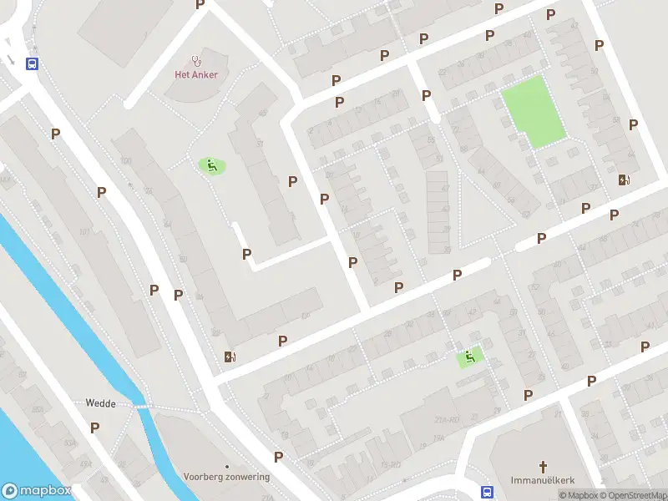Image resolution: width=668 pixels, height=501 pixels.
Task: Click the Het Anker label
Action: pyautogui.click(x=196, y=74)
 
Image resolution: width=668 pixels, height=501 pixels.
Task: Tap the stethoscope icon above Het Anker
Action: pyautogui.click(x=197, y=59)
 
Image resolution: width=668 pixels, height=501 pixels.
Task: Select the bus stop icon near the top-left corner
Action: pyautogui.click(x=33, y=63)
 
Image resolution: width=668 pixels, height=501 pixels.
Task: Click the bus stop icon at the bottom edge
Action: pyautogui.click(x=487, y=491)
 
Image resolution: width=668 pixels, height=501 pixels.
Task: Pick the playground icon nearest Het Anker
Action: pyautogui.click(x=211, y=166)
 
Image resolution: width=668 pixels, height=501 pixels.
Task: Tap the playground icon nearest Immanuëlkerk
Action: pyautogui.click(x=470, y=357)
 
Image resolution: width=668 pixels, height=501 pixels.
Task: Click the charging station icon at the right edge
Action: pyautogui.click(x=624, y=179)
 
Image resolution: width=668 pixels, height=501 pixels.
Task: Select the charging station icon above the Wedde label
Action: pyautogui.click(x=230, y=357)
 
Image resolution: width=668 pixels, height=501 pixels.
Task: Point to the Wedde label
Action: pyautogui.click(x=100, y=402)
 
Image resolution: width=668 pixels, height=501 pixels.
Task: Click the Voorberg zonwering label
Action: pyautogui.click(x=227, y=477)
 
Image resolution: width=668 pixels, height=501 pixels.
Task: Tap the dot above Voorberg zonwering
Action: pyautogui.click(x=227, y=466)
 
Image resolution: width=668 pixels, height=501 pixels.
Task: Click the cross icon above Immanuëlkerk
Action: pyautogui.click(x=543, y=467)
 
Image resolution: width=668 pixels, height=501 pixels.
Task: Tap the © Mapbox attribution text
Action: pyautogui.click(x=578, y=495)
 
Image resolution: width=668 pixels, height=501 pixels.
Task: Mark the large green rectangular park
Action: pyautogui.click(x=534, y=112)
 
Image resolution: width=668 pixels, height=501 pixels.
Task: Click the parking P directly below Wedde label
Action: pyautogui.click(x=94, y=427)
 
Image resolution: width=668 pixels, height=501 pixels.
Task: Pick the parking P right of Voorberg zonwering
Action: pyautogui.click(x=279, y=456)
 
